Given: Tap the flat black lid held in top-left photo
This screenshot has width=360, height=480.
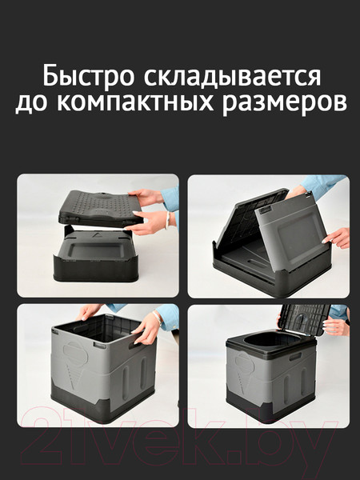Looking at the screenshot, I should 96,207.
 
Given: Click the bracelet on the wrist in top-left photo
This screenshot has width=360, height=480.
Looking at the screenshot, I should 167,221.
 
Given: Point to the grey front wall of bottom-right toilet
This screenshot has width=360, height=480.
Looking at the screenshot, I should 256,376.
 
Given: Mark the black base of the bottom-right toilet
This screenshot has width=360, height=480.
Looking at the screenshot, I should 264,408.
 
